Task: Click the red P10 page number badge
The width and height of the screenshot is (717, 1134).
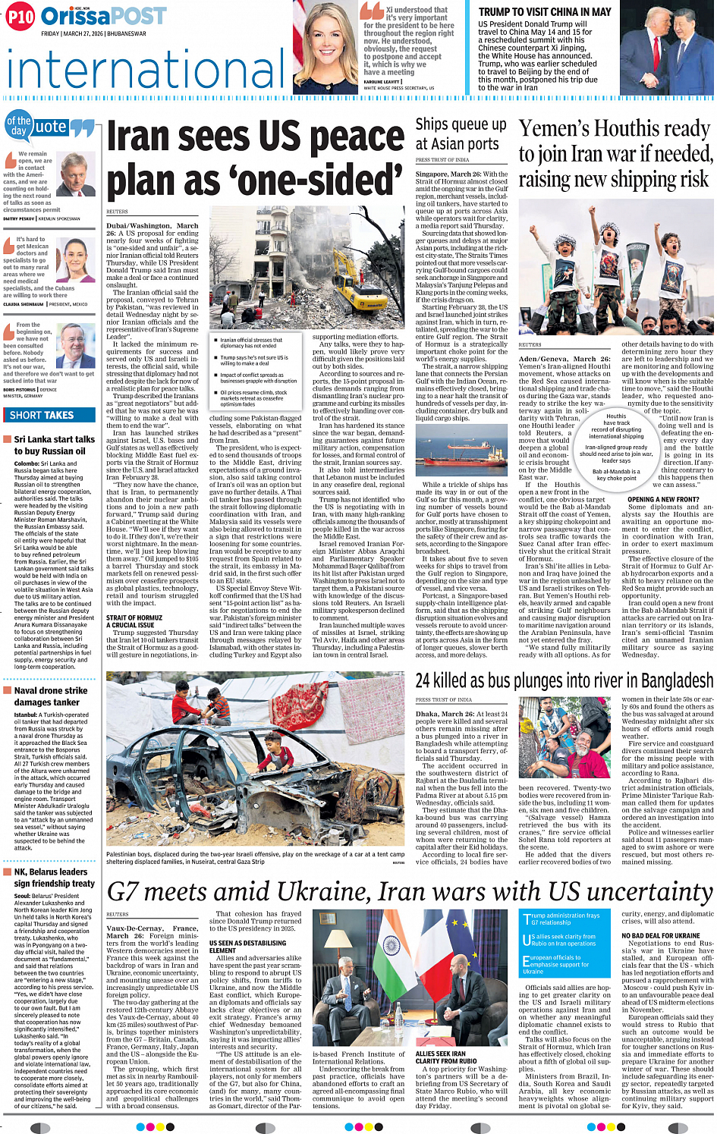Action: [x=21, y=16]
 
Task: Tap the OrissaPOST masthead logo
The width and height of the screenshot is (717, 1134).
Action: [x=104, y=16]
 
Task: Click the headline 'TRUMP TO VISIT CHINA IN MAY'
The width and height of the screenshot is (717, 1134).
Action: [x=545, y=12]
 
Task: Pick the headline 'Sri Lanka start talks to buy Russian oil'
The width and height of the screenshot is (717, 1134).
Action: [x=54, y=445]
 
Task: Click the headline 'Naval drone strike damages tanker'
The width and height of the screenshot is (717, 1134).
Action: [x=51, y=696]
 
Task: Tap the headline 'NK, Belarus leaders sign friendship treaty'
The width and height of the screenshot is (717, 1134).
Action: [x=54, y=878]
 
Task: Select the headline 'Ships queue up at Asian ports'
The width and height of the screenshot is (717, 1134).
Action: [x=461, y=134]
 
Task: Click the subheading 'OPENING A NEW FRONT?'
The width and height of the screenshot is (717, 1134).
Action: [x=663, y=500]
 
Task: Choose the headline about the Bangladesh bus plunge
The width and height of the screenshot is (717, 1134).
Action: [x=564, y=680]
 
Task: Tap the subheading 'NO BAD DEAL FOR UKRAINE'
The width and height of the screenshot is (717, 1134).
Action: [x=661, y=935]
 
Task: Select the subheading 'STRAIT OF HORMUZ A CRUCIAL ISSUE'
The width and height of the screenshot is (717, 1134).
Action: [x=134, y=621]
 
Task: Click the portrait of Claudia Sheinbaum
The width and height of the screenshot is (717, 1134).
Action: [x=76, y=261]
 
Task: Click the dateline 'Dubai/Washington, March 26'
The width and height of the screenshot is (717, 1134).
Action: [x=152, y=229]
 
